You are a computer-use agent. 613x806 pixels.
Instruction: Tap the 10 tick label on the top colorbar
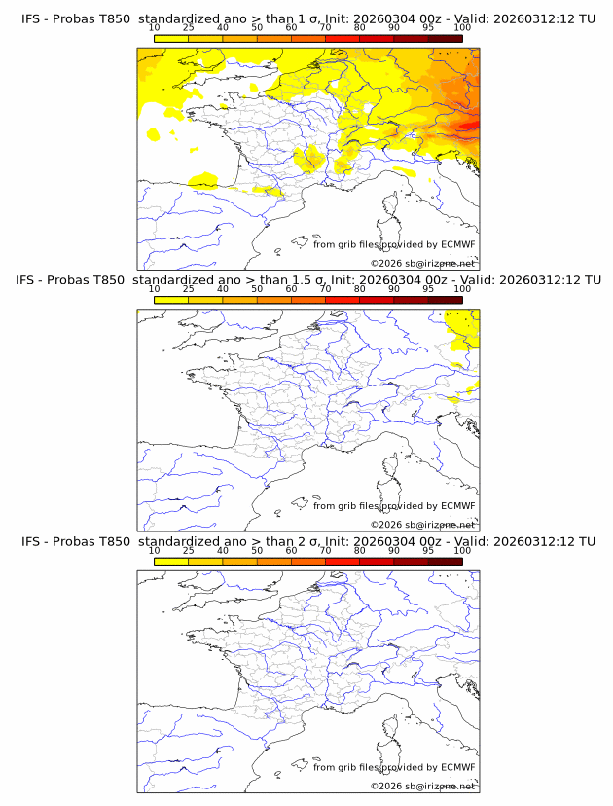tap(155, 28)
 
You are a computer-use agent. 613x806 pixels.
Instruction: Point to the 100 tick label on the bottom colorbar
tap(462, 551)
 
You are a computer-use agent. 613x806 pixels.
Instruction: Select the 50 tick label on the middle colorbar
tap(257, 289)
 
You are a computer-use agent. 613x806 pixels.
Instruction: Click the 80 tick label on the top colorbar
tap(360, 28)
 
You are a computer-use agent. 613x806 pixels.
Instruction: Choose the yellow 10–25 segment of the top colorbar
tap(171, 38)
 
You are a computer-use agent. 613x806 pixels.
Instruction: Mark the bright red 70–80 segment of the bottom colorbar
tap(343, 562)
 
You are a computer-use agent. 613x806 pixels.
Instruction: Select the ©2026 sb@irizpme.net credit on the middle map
tap(422, 524)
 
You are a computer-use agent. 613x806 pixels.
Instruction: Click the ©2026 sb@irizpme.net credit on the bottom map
tap(422, 786)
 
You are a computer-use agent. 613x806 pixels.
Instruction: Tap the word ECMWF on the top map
tap(456, 244)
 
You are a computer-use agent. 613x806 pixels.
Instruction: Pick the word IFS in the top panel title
tap(33, 18)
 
